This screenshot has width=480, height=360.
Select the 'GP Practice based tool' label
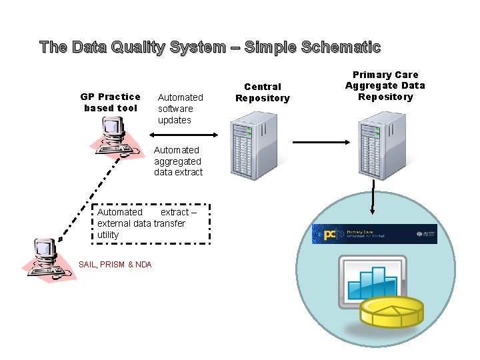pos(110,103)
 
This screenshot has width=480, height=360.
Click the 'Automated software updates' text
pos(180,109)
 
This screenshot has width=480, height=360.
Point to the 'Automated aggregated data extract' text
pos(178,161)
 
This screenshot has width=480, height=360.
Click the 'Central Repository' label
pos(263,93)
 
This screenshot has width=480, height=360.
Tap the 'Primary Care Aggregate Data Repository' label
pos(385,86)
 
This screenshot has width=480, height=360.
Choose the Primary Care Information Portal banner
pos(375,234)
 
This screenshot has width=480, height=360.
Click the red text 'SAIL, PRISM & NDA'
pos(115,265)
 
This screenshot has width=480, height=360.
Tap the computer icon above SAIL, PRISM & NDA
pos(49,257)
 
